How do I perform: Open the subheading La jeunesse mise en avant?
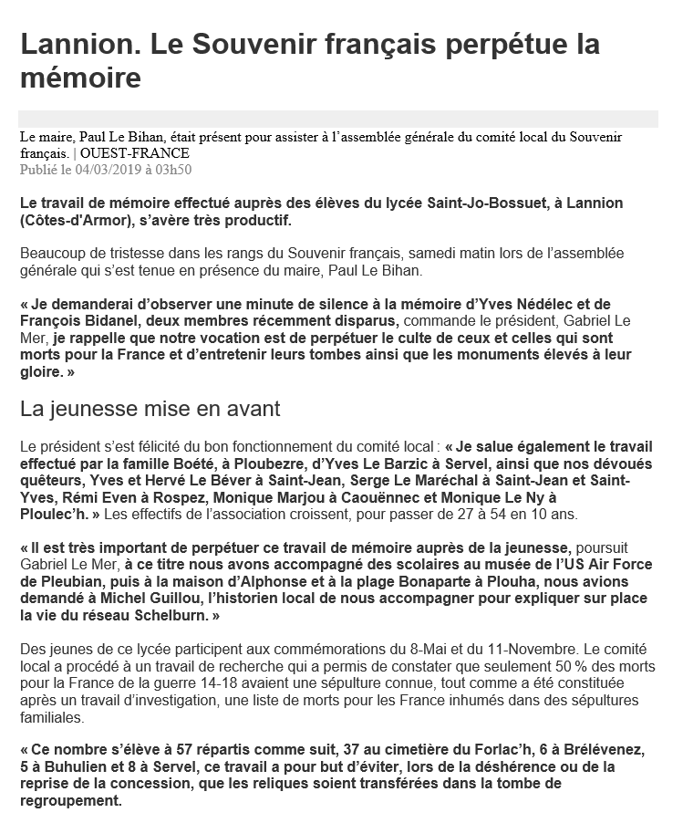point(150,410)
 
